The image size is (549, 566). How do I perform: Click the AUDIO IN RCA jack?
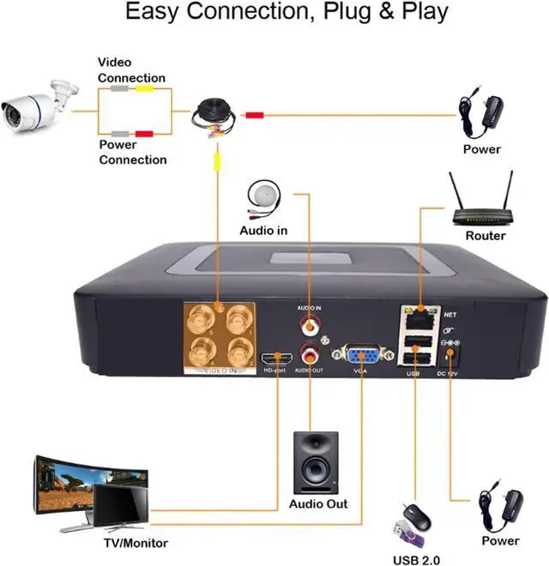(x=309, y=326)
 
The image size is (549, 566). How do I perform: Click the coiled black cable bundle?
(x=213, y=116)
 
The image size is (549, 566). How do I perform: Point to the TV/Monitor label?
(x=136, y=542)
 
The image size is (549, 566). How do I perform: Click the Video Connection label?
(x=130, y=70)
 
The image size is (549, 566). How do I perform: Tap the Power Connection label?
(x=132, y=152)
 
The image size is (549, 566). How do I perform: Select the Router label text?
(x=486, y=236)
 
